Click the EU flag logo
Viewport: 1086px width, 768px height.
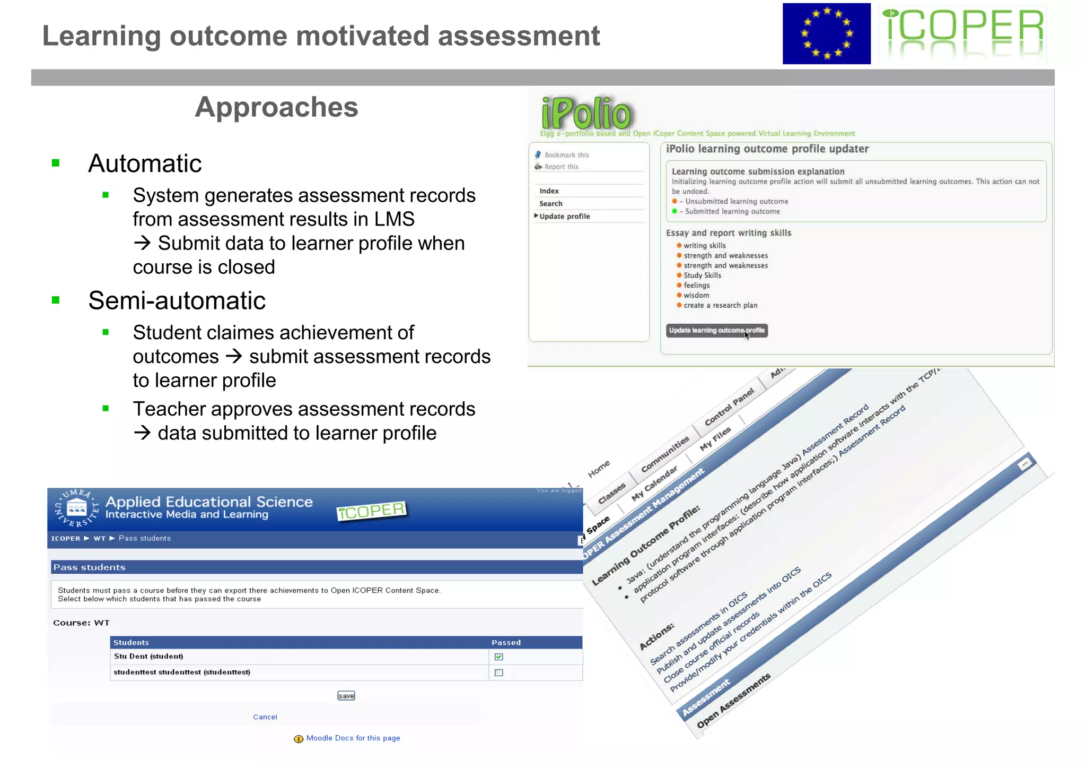(826, 34)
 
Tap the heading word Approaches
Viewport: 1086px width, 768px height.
(276, 107)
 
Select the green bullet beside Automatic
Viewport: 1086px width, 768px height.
(56, 163)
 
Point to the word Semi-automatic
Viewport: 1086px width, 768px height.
(177, 301)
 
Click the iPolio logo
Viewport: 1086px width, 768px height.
(586, 113)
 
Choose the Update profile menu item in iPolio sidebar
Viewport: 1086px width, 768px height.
(564, 217)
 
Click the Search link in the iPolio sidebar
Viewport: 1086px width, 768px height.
(550, 204)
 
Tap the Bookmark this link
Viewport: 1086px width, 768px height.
(566, 155)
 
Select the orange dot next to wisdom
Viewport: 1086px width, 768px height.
(679, 295)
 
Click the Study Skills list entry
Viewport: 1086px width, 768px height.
(702, 275)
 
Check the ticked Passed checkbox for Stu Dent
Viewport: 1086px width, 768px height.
(498, 657)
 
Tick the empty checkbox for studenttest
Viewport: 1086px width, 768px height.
(498, 673)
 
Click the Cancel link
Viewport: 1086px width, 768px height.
(265, 717)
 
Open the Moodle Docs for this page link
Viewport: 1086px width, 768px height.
(353, 738)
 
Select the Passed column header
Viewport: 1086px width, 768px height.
(506, 643)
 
